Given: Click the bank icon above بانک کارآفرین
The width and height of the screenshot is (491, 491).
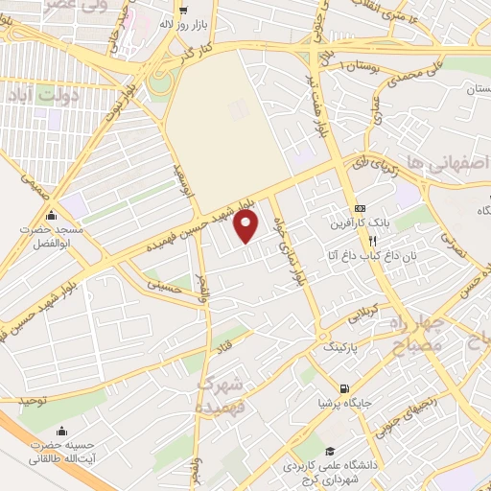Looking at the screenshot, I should pos(360,208).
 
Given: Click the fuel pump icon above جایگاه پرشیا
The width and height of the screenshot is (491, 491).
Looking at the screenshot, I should pos(344,388).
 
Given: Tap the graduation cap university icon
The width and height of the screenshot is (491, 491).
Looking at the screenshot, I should pos(329,451).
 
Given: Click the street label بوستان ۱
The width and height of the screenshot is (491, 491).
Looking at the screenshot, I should pos(354,63).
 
